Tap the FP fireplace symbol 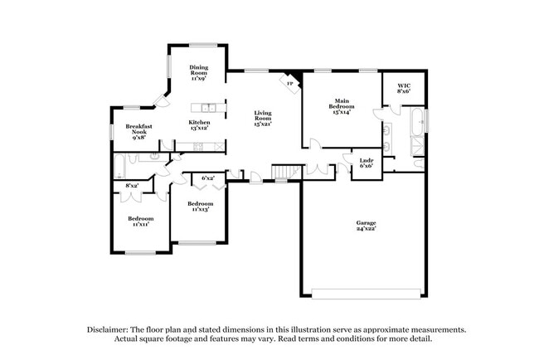pos(290,83)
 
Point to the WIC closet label pos(404,88)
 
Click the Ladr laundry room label pos(366,163)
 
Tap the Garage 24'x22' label pos(366,225)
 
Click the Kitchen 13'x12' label pos(199,125)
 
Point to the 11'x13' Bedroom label pos(200,207)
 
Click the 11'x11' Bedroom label pos(140,221)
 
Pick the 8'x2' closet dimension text pos(132,186)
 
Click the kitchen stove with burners pos(198,147)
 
